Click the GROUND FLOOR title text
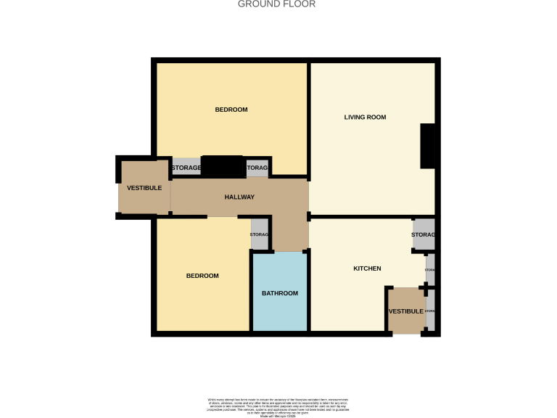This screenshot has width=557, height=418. pos(277,4)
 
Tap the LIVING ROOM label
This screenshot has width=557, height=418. pos(365,117)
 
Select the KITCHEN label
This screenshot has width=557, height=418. pos(367,269)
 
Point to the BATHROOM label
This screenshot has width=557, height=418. pos(280,293)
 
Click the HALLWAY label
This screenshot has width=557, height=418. pos(239,197)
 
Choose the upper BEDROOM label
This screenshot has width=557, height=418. pos(231,110)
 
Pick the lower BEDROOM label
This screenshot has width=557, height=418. pos(202,276)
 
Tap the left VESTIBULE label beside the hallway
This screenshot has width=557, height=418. pos(144,188)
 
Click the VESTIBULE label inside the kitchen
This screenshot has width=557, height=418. pos(405,311)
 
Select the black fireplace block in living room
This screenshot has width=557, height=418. pos(428,146)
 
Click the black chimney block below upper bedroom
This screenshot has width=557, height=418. pos(223,167)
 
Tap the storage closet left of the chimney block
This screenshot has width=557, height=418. pos(186,168)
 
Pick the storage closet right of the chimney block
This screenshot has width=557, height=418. pos(257,168)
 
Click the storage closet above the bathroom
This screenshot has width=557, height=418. pos(260,234)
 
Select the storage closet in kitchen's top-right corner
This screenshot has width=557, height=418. pos(424,234)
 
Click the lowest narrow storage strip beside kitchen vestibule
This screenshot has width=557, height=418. pos(430,311)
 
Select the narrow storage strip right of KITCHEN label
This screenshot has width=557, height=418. pos(430,270)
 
